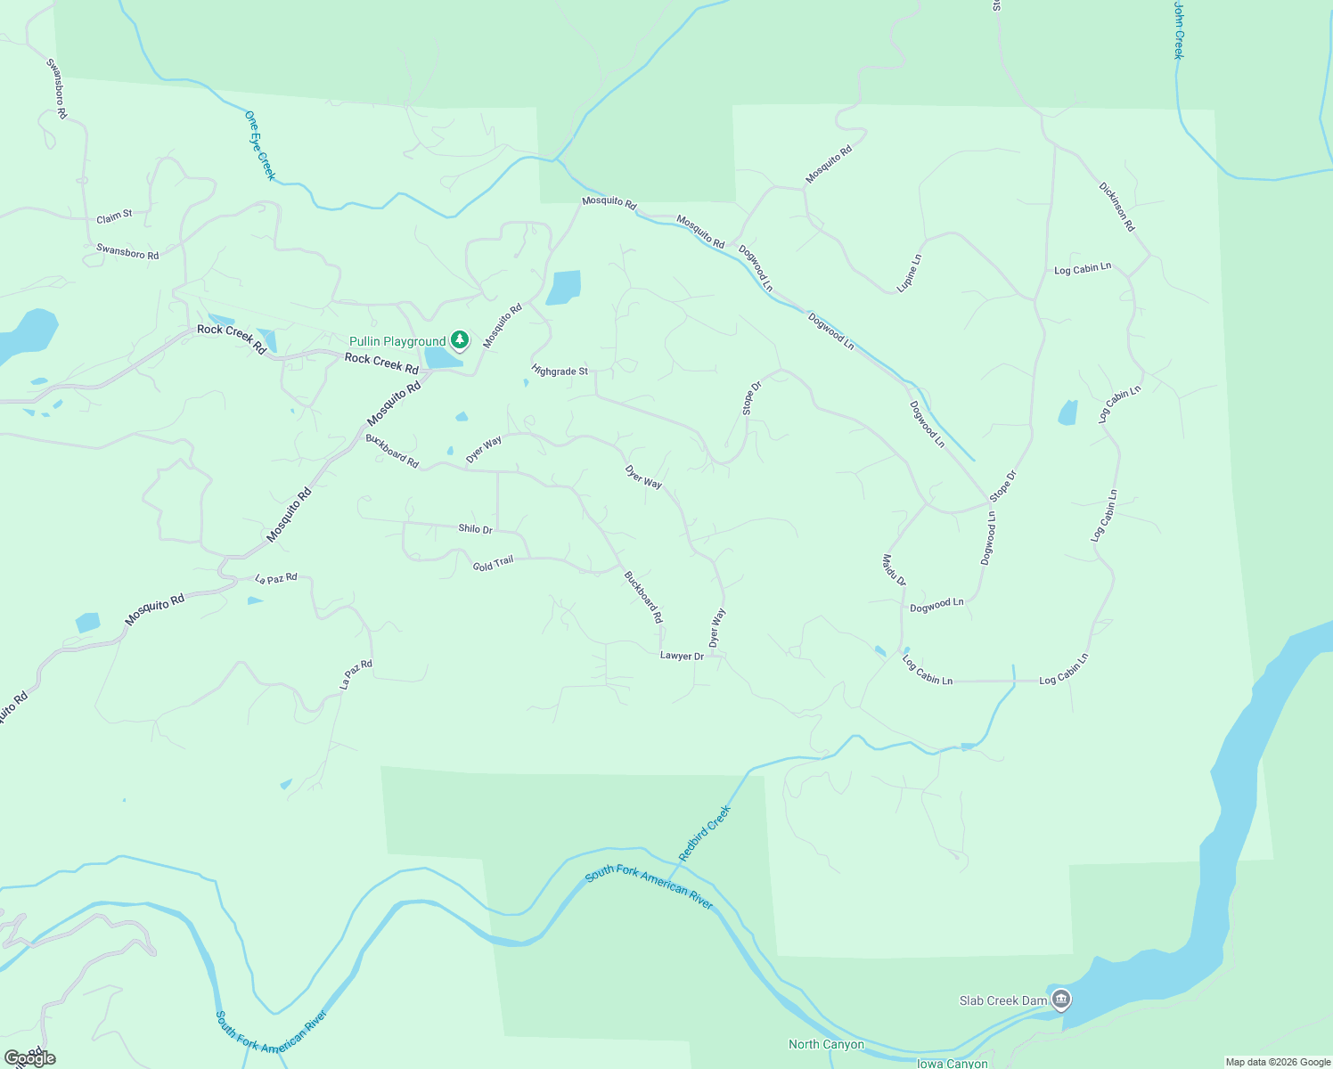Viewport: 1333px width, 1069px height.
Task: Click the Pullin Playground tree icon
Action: [x=460, y=339]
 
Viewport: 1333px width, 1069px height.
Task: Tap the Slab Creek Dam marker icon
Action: [x=1060, y=1000]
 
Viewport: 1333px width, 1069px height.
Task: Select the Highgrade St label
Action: [x=560, y=371]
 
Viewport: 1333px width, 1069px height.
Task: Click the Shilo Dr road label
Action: [x=475, y=528]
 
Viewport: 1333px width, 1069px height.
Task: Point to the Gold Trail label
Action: [x=493, y=564]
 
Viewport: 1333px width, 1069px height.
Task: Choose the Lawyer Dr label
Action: [x=682, y=657]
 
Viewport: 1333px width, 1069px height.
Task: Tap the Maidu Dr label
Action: [x=894, y=570]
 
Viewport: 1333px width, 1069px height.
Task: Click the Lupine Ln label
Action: [x=909, y=273]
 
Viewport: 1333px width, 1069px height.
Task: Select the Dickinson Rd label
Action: [x=1116, y=208]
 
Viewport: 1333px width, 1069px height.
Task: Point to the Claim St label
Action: [x=114, y=216]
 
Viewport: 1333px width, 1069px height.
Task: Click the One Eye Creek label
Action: [x=260, y=145]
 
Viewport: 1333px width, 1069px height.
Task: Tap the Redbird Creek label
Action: [x=704, y=833]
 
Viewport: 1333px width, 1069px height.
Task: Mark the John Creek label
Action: [x=1178, y=30]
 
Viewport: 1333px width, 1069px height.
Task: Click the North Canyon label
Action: [x=826, y=1044]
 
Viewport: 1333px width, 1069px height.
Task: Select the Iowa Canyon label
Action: [x=952, y=1063]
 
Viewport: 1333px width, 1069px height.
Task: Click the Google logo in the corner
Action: [x=30, y=1057]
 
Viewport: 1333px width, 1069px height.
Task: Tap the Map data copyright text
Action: [x=1277, y=1062]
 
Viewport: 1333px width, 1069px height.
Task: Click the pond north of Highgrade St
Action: [x=563, y=288]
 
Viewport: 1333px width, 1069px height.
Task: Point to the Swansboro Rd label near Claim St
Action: [x=127, y=253]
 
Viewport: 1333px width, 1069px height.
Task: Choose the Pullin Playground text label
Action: [x=397, y=342]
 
